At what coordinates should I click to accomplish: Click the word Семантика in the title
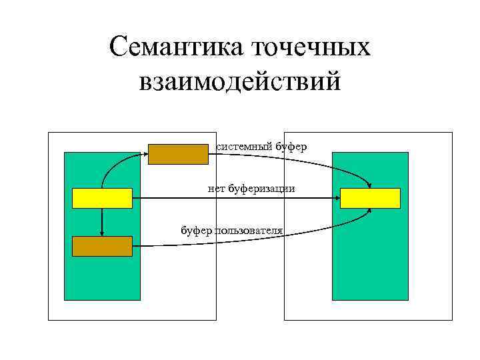(177, 48)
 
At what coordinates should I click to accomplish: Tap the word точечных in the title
(311, 48)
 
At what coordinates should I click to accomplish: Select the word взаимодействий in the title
(240, 83)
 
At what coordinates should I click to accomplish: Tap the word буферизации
(261, 189)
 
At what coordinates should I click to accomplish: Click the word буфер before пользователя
(197, 231)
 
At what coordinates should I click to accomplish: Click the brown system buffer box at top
(178, 154)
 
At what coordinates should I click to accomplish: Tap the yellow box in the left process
(102, 198)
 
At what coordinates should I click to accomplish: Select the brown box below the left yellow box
(102, 247)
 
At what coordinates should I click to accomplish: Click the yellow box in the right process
(370, 198)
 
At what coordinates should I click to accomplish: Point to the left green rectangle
(102, 280)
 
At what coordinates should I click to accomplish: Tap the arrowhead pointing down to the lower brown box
(102, 233)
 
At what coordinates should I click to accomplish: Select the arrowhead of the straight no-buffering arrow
(336, 198)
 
